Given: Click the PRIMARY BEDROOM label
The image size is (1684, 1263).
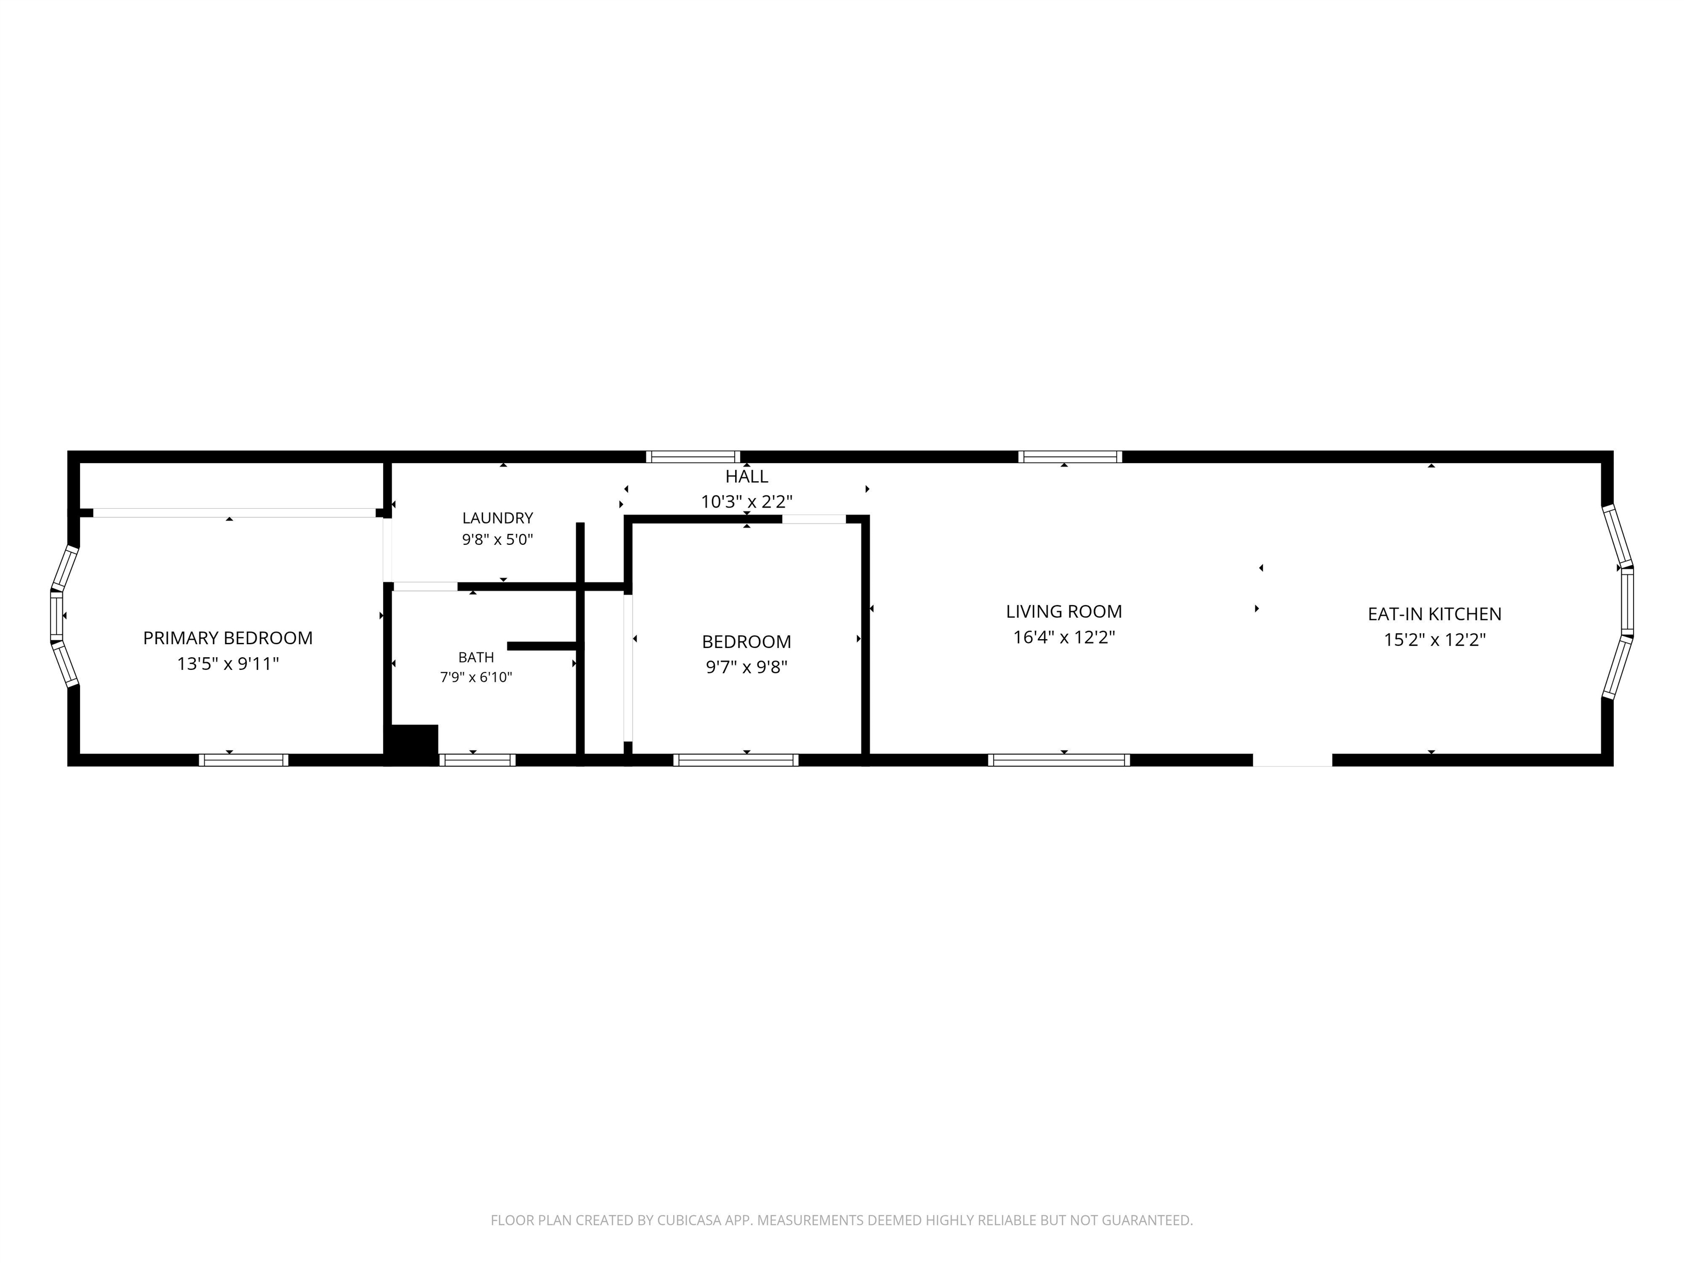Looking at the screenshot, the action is click(x=227, y=638).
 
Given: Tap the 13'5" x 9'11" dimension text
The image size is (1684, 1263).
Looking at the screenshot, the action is click(x=227, y=664).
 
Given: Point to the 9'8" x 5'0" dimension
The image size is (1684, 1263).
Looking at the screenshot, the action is click(x=497, y=540).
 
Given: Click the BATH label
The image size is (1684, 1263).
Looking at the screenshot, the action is click(x=476, y=657).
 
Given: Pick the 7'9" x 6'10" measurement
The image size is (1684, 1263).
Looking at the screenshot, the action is click(x=476, y=677).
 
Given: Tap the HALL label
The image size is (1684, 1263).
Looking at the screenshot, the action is click(x=746, y=476).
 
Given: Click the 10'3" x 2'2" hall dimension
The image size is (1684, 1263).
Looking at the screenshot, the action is click(x=746, y=502).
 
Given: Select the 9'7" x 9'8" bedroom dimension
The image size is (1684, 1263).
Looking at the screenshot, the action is click(x=746, y=667).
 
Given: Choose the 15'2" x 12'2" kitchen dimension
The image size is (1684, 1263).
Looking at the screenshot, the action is click(x=1434, y=640).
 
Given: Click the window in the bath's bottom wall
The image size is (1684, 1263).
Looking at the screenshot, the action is click(x=477, y=760).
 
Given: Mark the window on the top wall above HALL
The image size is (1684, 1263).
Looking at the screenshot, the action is click(x=693, y=457).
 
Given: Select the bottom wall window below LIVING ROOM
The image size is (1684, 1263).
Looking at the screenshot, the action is click(x=1059, y=760).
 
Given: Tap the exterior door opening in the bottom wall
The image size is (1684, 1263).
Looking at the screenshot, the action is click(x=1293, y=760).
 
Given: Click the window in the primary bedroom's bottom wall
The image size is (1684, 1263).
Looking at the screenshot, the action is click(x=243, y=760).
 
